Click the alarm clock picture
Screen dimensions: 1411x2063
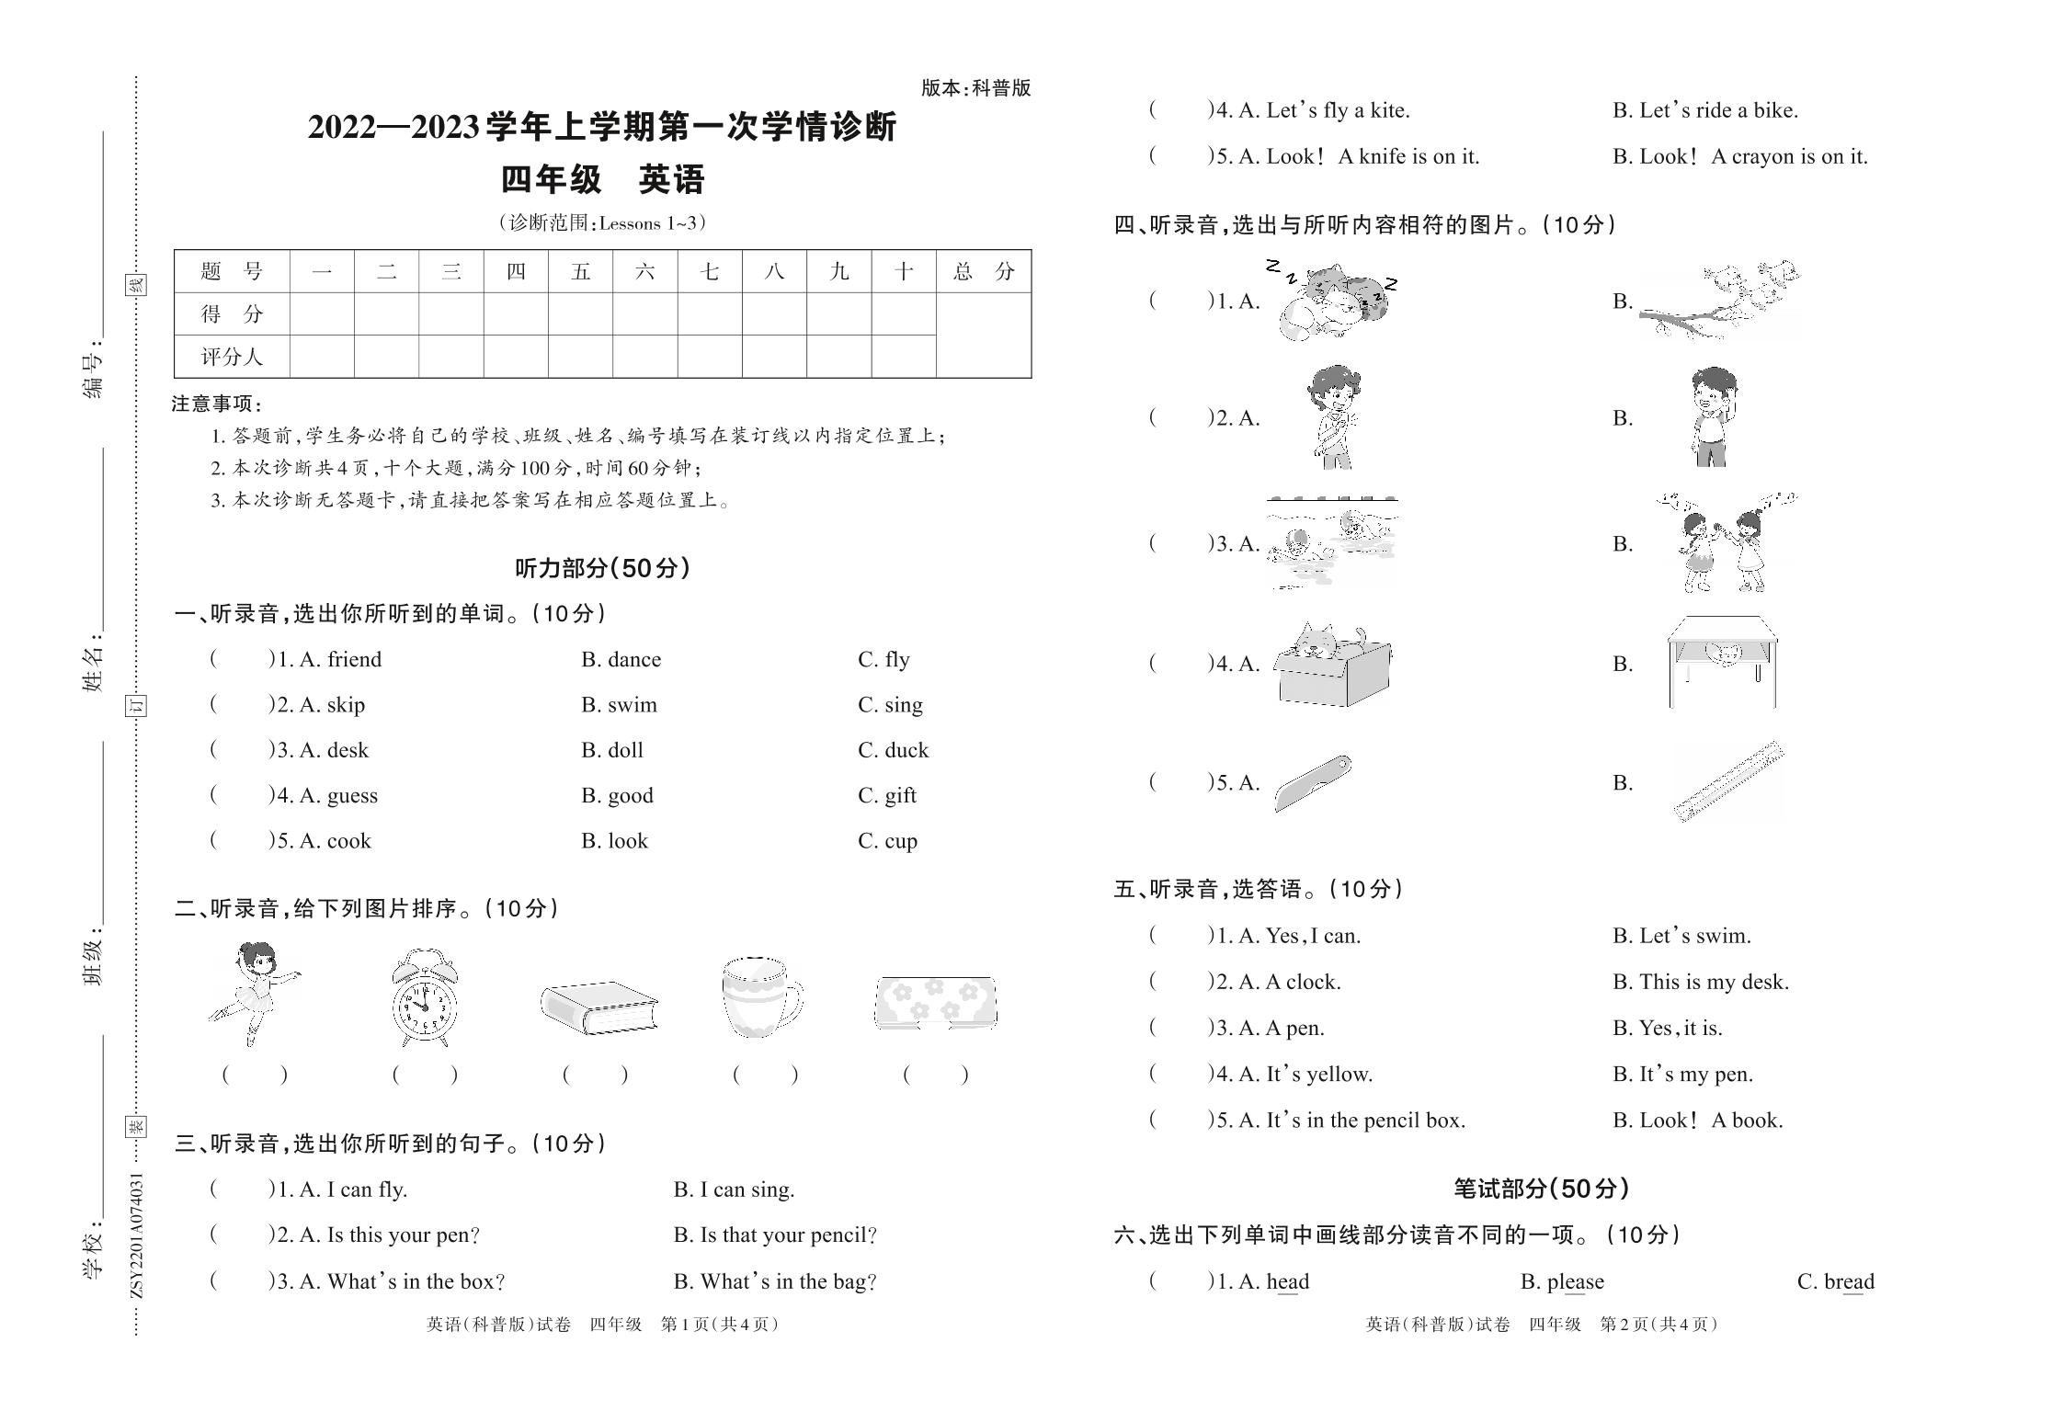point(424,998)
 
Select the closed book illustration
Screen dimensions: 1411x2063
point(598,1007)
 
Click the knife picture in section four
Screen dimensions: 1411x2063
point(1313,783)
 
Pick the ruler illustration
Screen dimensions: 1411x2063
point(1728,782)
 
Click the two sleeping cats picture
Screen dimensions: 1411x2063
point(1332,301)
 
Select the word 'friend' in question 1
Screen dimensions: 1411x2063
point(354,660)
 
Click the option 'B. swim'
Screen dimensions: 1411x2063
point(619,705)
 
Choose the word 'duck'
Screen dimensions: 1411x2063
point(906,750)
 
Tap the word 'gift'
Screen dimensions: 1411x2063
point(900,795)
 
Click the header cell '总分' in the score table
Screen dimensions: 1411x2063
point(983,271)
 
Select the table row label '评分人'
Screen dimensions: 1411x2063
point(232,357)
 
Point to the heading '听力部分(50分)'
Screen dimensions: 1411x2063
point(602,568)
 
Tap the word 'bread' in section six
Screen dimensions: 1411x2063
point(1848,1281)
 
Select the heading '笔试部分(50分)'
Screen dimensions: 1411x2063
point(1541,1189)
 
